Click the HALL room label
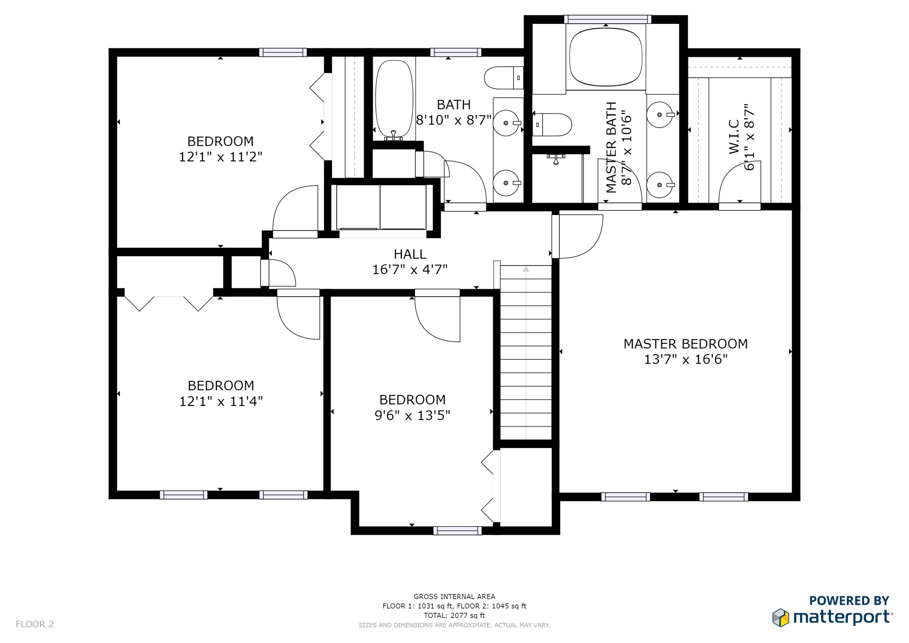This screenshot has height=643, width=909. coord(410,254)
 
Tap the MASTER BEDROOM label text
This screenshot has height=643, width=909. coord(686,344)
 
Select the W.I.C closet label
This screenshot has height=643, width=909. coord(734,137)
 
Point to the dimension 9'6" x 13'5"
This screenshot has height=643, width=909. coord(412,415)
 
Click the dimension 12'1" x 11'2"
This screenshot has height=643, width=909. coord(221,157)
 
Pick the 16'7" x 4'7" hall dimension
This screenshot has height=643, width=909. coord(410,270)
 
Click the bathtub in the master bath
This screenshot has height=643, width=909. coord(606,57)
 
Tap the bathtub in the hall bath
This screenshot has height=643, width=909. coord(394,99)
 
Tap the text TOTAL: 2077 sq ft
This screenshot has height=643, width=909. coord(454,615)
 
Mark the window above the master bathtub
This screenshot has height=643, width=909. coord(607,19)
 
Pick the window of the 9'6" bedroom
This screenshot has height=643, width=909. coord(457,531)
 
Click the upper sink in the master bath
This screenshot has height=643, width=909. coord(660,115)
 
